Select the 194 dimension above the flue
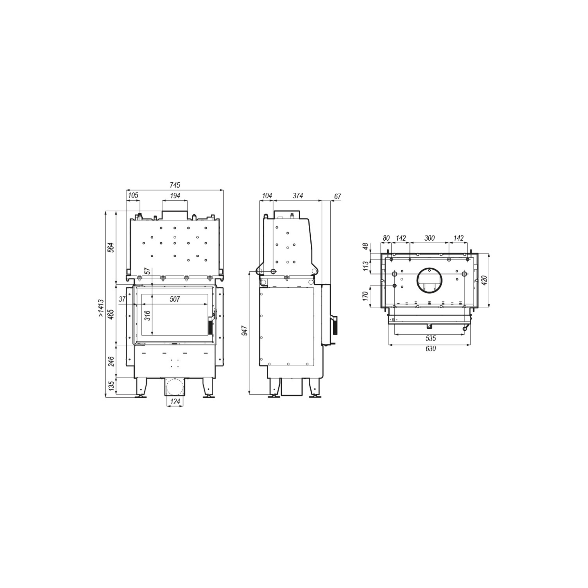pyautogui.click(x=175, y=196)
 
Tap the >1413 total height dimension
pyautogui.click(x=101, y=309)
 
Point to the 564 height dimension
pyautogui.click(x=111, y=247)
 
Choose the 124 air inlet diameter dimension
pyautogui.click(x=175, y=401)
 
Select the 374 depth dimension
pyautogui.click(x=298, y=196)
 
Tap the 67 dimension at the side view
pyautogui.click(x=338, y=197)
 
